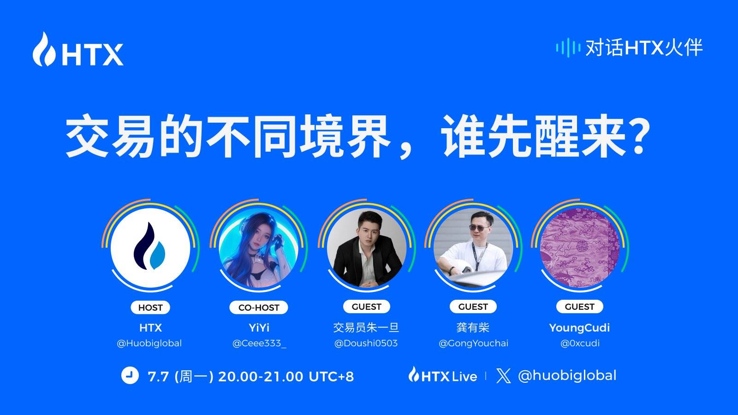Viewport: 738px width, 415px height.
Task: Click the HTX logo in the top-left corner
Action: point(77,50)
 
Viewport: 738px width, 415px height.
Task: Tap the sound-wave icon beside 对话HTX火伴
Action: point(568,47)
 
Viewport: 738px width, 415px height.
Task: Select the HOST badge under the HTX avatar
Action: point(150,308)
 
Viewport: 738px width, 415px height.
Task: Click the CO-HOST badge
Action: point(259,308)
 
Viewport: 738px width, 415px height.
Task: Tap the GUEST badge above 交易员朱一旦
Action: point(367,307)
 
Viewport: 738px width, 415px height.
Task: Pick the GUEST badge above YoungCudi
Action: point(580,307)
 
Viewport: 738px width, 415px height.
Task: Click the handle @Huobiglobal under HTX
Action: point(149,343)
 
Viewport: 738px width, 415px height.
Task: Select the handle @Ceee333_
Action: point(259,343)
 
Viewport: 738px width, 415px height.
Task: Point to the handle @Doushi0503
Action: point(366,343)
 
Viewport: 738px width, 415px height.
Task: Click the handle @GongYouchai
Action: point(473,343)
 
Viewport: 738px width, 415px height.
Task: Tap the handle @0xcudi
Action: point(580,343)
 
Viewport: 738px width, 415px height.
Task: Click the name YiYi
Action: point(259,328)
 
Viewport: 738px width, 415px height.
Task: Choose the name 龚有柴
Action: point(473,328)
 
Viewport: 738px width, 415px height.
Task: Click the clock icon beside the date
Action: point(130,375)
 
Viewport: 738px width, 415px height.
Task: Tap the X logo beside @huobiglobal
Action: point(504,376)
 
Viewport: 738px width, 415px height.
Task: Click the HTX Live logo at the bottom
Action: point(443,375)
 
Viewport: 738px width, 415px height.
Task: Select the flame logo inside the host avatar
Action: point(150,247)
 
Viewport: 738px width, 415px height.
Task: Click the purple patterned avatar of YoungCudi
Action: point(580,247)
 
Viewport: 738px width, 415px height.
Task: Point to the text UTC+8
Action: point(331,376)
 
